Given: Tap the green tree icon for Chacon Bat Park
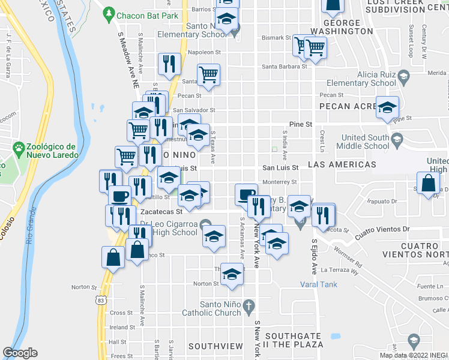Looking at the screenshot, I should coord(109,13).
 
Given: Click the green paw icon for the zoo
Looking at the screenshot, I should coord(19,146).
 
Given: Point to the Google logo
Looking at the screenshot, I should coord(20,353).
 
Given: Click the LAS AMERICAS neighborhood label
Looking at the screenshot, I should coord(342,164).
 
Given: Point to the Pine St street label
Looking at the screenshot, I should coord(300,124).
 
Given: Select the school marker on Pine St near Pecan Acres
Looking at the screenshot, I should coord(387,108).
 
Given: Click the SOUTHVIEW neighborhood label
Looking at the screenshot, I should coord(215,346).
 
